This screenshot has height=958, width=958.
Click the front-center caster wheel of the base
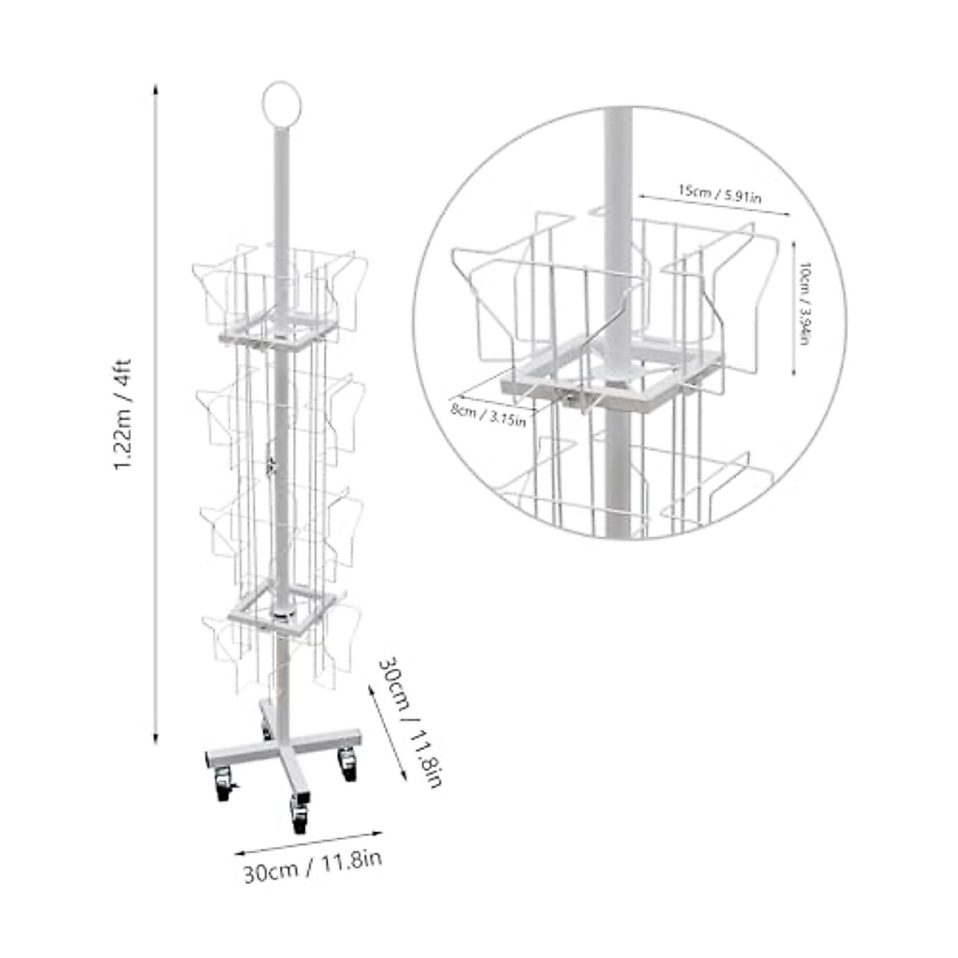(299, 816)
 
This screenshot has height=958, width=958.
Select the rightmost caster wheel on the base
(347, 764)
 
